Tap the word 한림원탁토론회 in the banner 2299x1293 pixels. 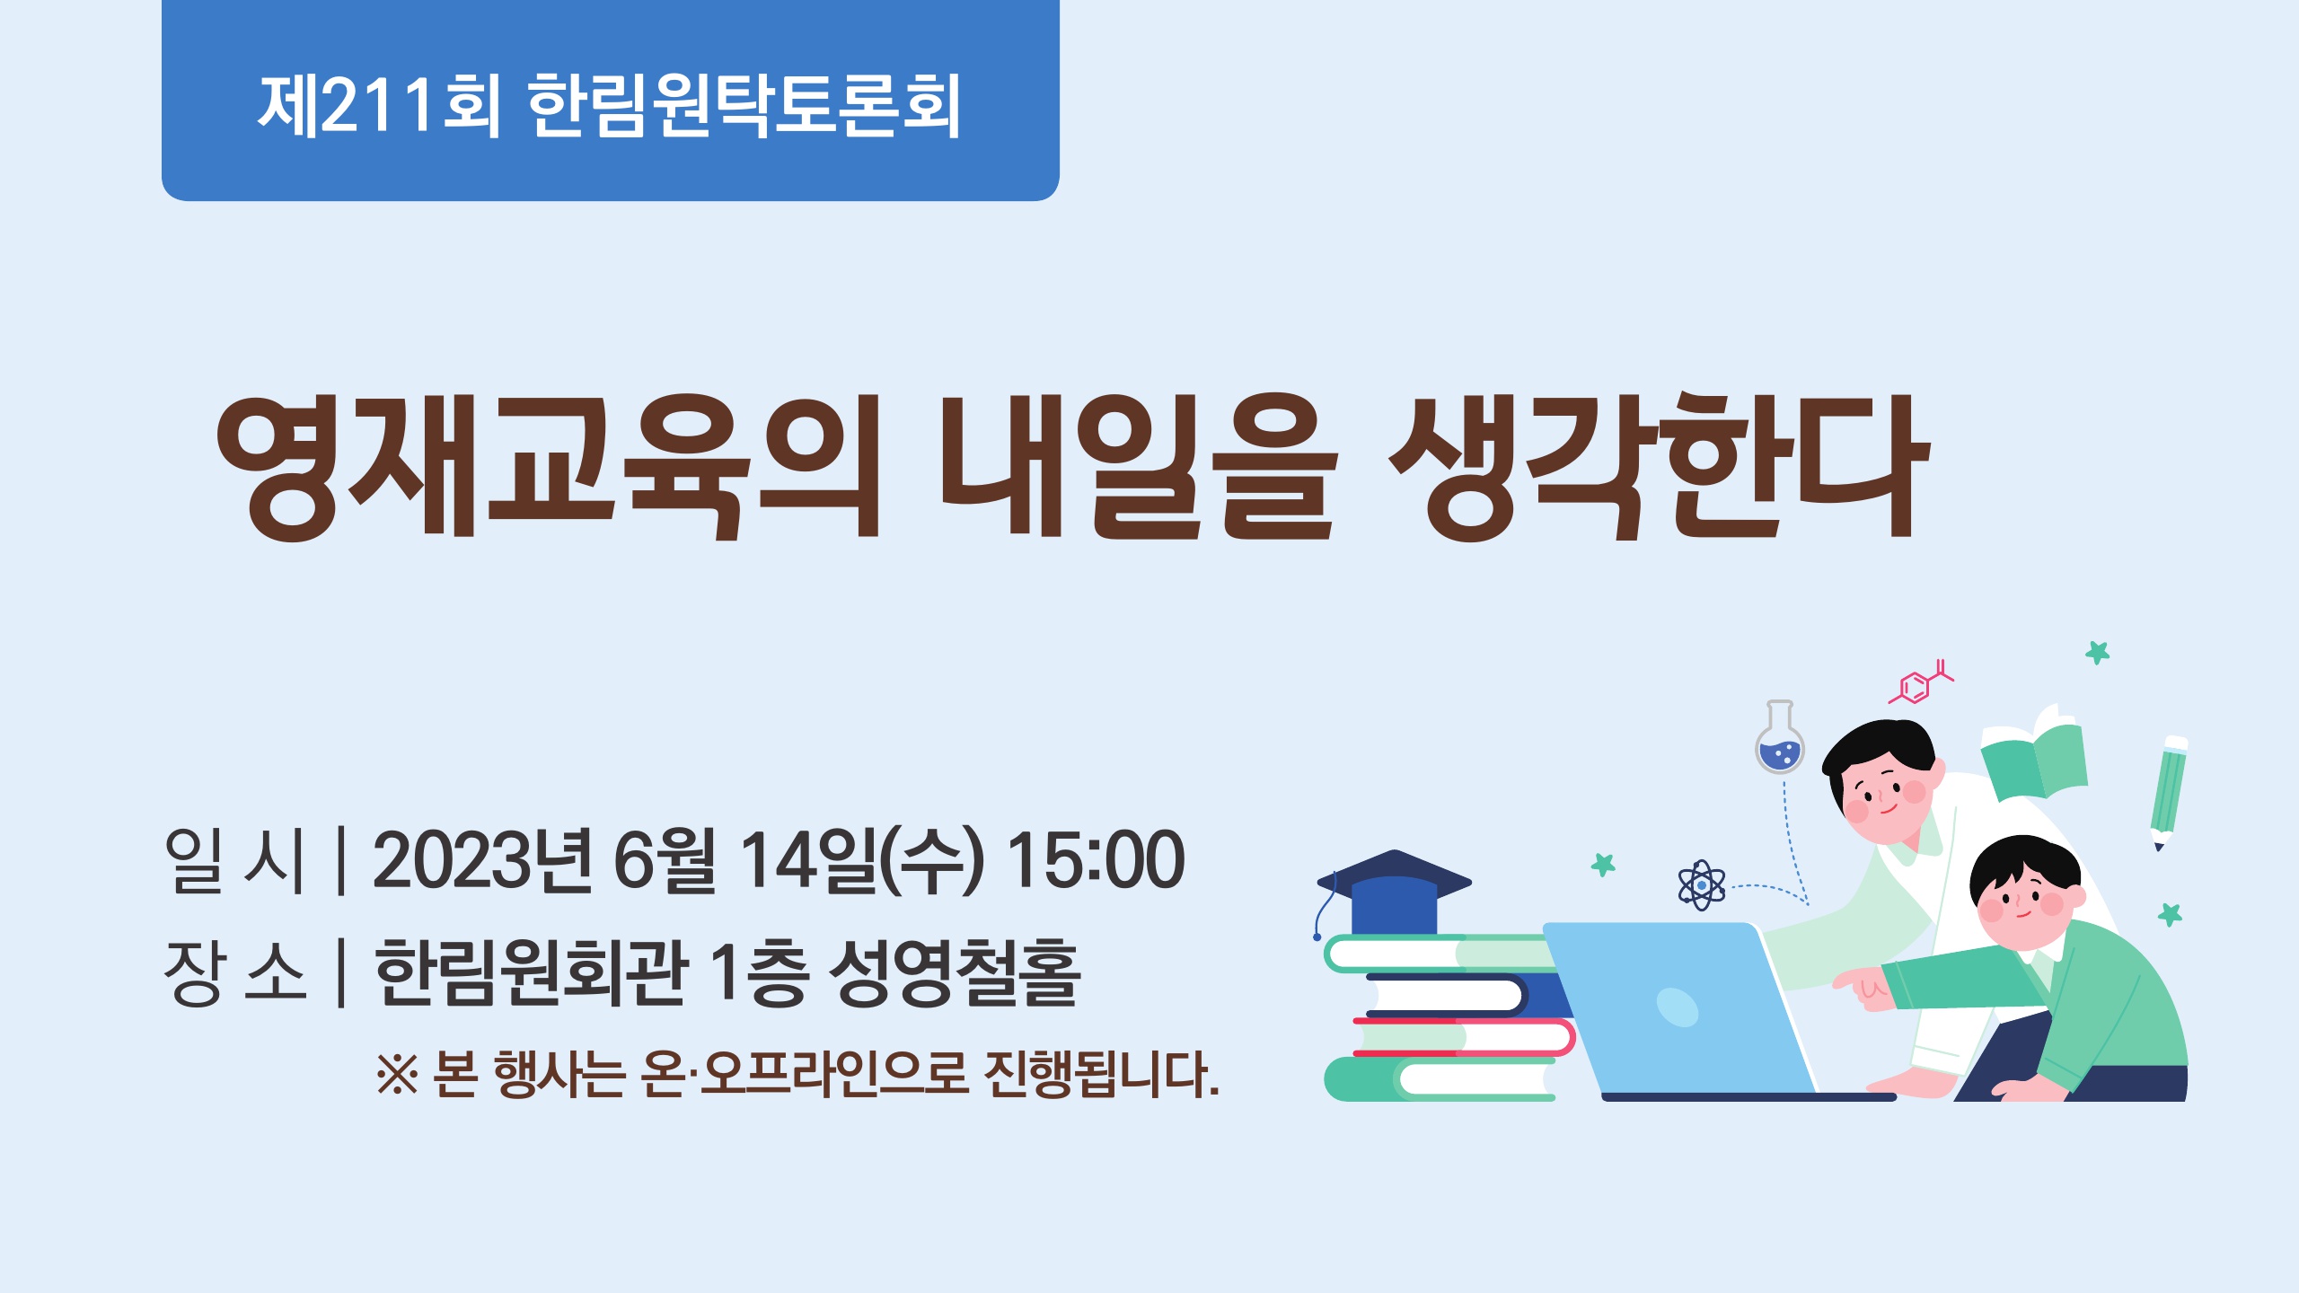tap(744, 106)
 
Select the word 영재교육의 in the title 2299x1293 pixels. tap(548, 467)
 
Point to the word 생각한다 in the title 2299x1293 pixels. tap(1658, 467)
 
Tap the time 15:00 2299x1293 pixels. tap(1096, 859)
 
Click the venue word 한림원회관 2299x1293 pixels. tap(532, 972)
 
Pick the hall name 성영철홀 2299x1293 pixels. tap(953, 972)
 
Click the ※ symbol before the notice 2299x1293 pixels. tap(398, 1073)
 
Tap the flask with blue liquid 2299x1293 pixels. tap(1780, 737)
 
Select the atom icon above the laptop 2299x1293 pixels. tap(1701, 885)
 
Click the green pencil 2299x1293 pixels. tap(2169, 793)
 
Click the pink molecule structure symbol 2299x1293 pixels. tap(1920, 683)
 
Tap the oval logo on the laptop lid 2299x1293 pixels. tap(1677, 1007)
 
